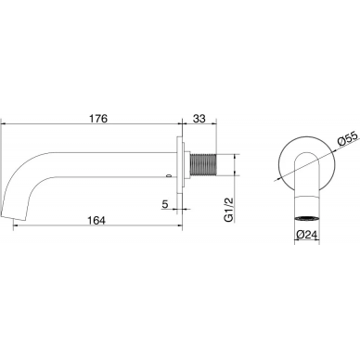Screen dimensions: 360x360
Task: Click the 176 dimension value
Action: (x=98, y=119)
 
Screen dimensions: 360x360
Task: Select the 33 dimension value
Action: (x=199, y=119)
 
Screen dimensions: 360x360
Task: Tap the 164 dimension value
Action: (x=96, y=221)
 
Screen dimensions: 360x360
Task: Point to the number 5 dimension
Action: (x=164, y=204)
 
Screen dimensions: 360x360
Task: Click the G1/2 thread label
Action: (x=229, y=210)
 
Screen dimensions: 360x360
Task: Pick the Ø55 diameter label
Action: (x=348, y=138)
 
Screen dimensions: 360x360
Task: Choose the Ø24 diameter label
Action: (x=307, y=235)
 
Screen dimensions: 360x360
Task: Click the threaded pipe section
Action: (x=202, y=164)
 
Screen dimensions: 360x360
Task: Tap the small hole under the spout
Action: (x=169, y=176)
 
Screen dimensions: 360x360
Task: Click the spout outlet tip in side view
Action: (x=13, y=216)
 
